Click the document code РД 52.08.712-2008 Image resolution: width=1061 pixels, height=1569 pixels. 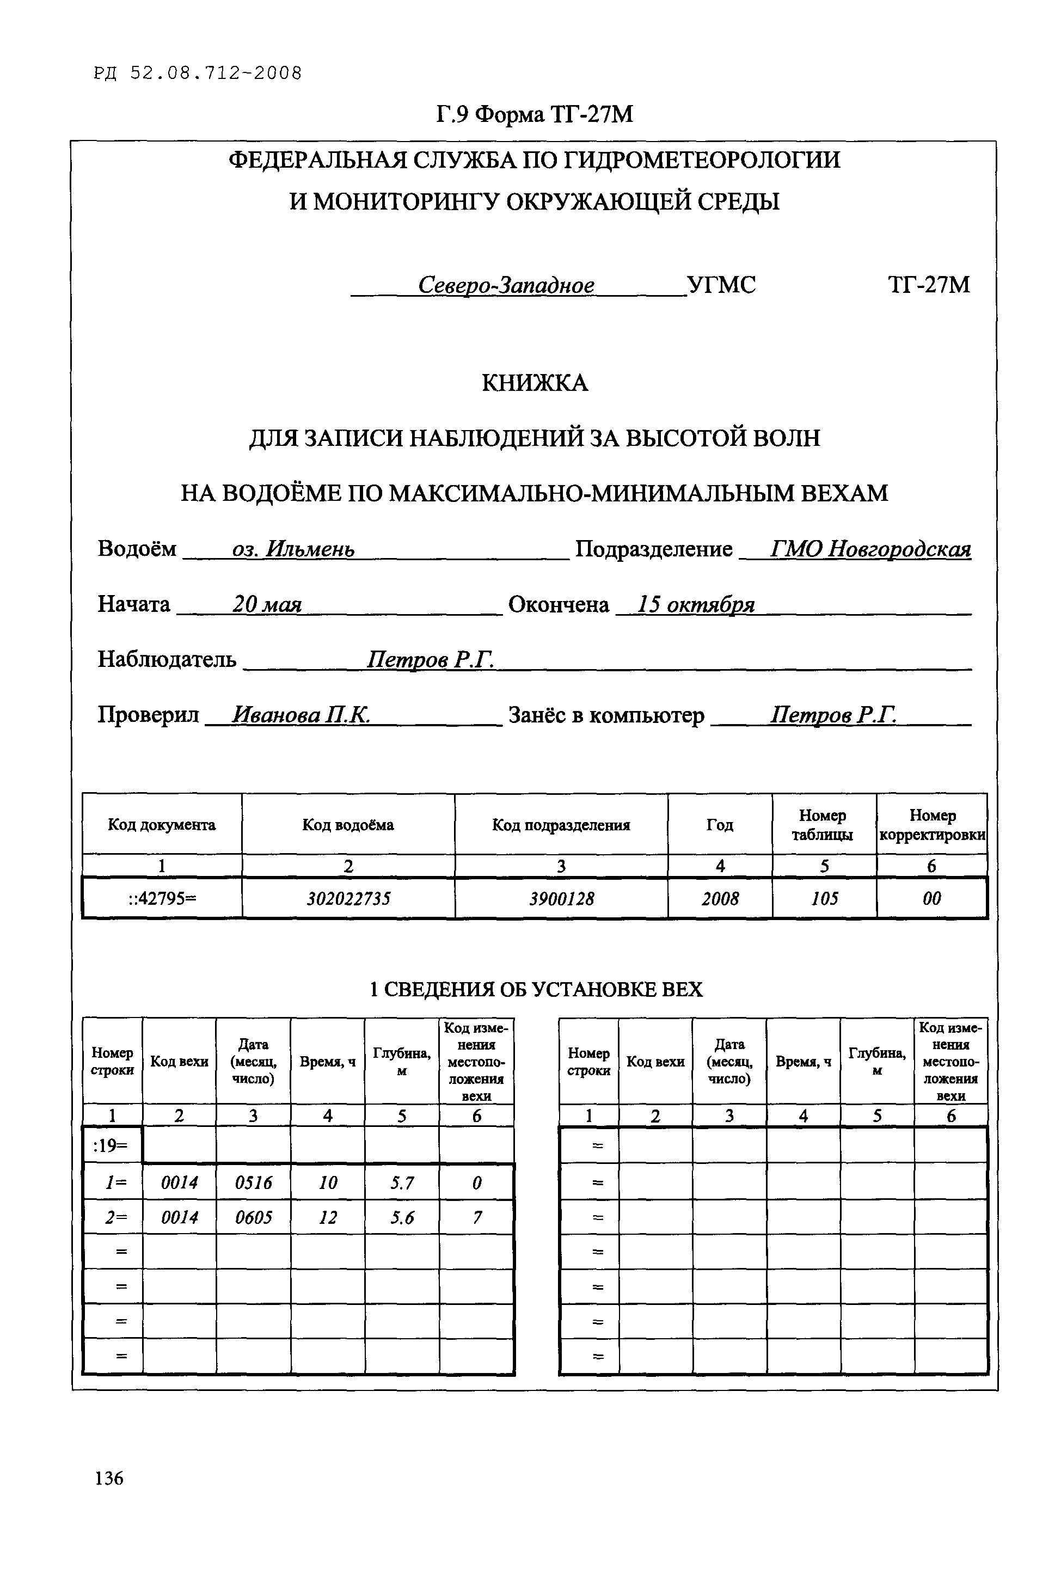coord(198,73)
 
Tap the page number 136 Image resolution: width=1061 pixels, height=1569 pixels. coord(109,1478)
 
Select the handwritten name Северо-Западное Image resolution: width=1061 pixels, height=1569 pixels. coord(506,285)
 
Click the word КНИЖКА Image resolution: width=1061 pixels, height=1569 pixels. coord(535,383)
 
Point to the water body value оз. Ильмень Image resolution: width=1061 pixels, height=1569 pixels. coord(293,548)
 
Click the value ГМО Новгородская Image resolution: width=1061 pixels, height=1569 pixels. coord(870,548)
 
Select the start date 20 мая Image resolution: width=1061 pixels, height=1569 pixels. coord(267,604)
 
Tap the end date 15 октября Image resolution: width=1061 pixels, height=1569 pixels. coord(695,604)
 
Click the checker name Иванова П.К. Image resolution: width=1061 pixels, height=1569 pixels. coord(300,714)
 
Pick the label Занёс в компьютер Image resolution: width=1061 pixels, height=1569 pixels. coord(606,714)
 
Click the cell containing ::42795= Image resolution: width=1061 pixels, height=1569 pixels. coord(162,898)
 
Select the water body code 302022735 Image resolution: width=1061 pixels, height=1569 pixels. coord(348,898)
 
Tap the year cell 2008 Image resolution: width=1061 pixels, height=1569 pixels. coord(720,898)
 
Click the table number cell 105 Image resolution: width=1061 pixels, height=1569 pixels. coord(824,898)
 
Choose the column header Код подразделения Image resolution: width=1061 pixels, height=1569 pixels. coord(561,824)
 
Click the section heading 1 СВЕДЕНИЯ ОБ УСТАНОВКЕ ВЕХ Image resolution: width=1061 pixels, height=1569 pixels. coord(536,989)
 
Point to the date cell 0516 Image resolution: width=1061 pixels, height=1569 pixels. coord(253,1182)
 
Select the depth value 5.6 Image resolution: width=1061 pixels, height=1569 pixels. coord(402,1217)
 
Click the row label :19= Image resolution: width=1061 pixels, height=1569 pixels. coord(112,1145)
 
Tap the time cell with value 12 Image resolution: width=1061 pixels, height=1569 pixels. coord(327,1217)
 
